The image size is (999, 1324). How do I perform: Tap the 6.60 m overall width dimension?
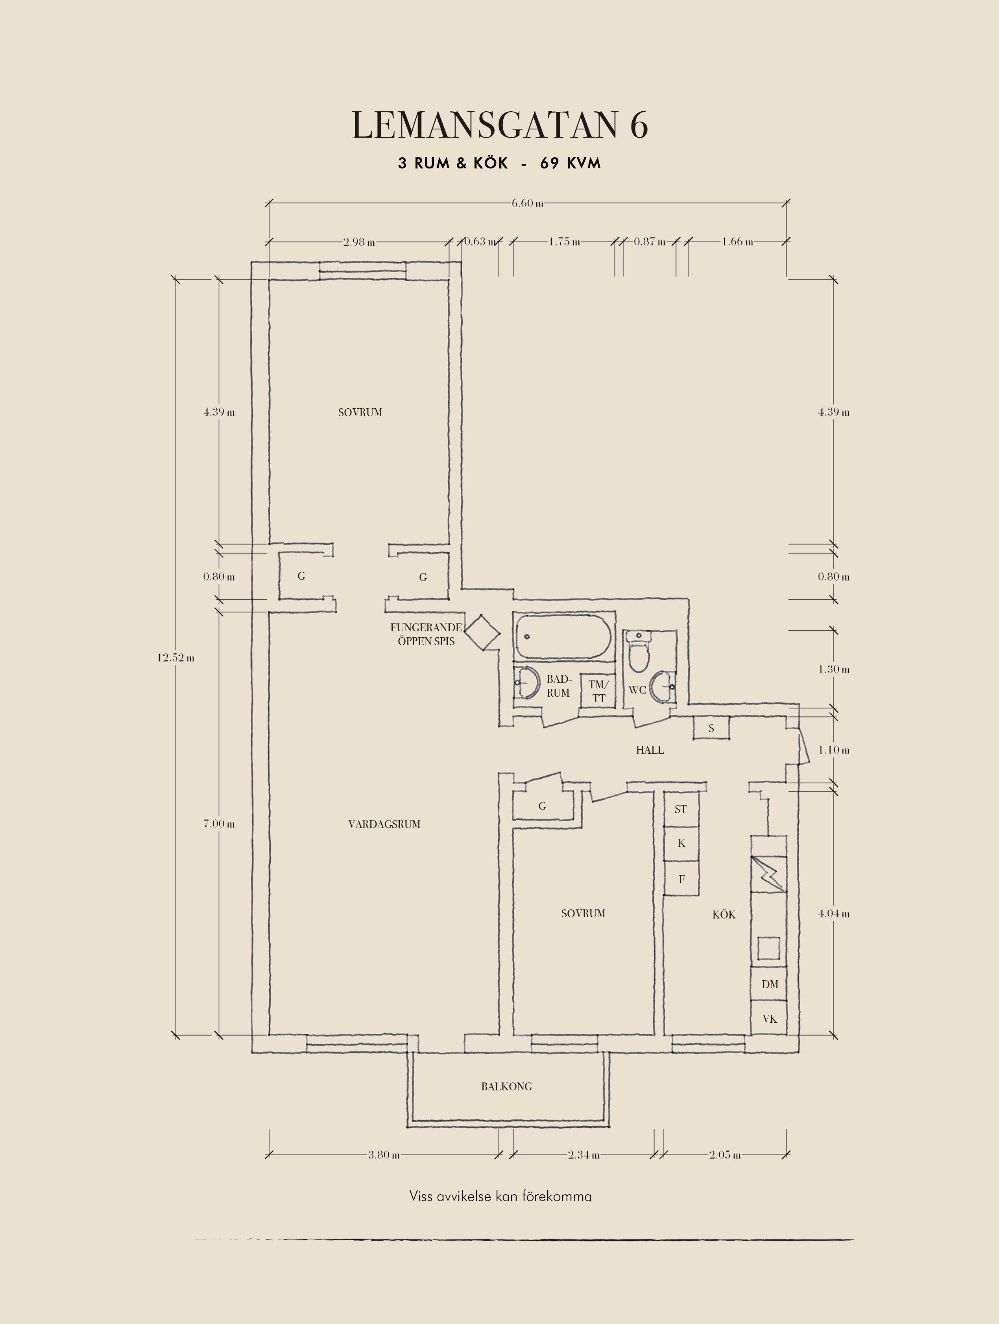527,203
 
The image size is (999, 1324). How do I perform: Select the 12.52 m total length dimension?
176,658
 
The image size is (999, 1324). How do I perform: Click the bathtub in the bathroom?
564,636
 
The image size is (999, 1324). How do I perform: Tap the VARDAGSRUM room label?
384,824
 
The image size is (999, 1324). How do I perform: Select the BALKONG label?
506,1086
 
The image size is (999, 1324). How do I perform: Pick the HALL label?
650,750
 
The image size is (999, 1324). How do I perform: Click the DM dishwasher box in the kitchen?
769,984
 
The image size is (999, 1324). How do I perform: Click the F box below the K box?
681,879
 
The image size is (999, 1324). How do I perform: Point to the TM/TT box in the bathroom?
598,692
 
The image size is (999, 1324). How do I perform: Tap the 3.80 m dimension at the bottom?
384,1154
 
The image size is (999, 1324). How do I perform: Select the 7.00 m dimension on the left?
218,824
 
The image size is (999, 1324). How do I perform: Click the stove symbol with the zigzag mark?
768,874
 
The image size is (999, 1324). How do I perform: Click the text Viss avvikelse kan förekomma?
500,1197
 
